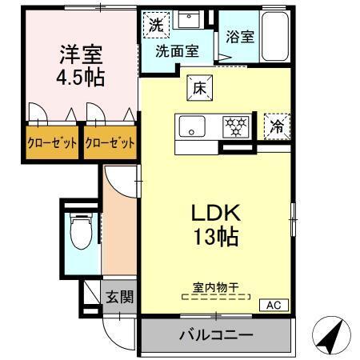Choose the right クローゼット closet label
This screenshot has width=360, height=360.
click(x=110, y=143)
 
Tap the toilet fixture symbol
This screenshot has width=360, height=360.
click(x=80, y=231)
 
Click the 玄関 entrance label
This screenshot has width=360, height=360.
click(x=119, y=297)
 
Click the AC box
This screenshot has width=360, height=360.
click(x=273, y=304)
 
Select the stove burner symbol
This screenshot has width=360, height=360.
click(x=236, y=126)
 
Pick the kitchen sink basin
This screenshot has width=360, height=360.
click(x=191, y=126)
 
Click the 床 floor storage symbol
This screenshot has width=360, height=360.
click(x=198, y=88)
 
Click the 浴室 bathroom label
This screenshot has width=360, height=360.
click(x=238, y=36)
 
